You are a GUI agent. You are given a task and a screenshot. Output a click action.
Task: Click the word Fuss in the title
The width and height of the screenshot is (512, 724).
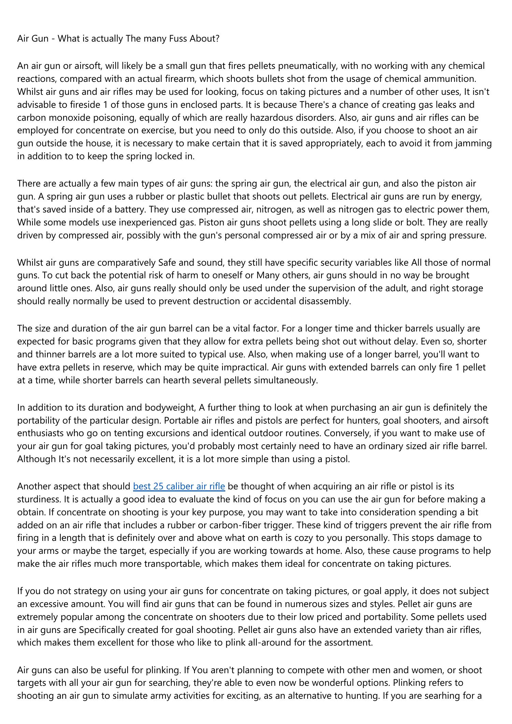point(178,39)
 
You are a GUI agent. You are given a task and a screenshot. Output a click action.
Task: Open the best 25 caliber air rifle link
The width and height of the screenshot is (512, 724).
point(179,486)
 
